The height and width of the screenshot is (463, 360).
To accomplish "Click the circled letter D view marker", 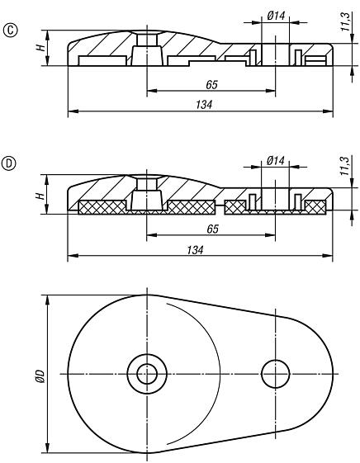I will [11, 163].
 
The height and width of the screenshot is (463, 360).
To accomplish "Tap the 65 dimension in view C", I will [211, 84].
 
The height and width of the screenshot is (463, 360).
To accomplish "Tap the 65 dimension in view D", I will [211, 229].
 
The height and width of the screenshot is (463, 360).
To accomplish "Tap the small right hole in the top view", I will [274, 373].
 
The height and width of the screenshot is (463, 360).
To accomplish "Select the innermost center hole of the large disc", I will [148, 373].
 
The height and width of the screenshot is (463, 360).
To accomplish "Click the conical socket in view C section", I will [146, 54].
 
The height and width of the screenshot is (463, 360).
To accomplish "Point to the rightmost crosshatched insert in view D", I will [315, 206].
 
